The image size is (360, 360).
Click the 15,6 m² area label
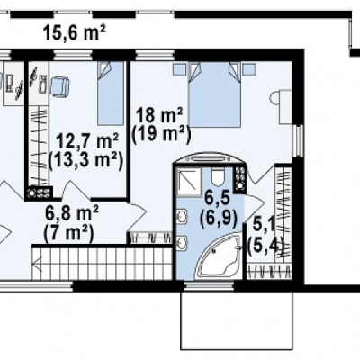point(75,32)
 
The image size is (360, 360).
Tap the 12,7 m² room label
point(86,141)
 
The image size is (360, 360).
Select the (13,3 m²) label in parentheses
point(85,162)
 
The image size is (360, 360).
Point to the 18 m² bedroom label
point(158,115)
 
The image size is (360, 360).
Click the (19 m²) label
point(161,134)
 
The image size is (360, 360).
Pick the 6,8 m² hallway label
point(71,213)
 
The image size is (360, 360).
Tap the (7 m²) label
point(68,233)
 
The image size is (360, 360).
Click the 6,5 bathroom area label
point(217,198)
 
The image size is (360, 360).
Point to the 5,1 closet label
point(264,224)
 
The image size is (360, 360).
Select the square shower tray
point(189,182)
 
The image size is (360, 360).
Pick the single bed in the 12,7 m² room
point(111,94)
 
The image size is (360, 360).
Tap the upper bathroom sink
point(182,217)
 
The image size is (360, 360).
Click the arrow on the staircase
point(39,264)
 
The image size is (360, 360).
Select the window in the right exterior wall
point(298,141)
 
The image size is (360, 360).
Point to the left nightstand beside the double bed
point(179,69)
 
